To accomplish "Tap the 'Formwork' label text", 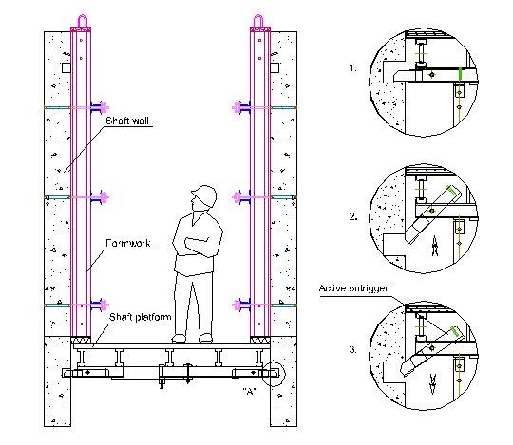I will point(129,244).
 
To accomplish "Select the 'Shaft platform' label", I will point(139,318).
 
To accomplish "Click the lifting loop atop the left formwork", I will point(83,22).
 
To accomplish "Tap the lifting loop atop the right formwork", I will point(261,22).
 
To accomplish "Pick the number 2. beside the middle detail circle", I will point(353,217).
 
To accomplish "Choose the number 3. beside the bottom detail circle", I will point(353,350).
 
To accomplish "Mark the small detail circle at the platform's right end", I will point(275,375).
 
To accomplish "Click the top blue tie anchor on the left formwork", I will point(95,105).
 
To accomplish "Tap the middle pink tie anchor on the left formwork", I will point(106,197).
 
